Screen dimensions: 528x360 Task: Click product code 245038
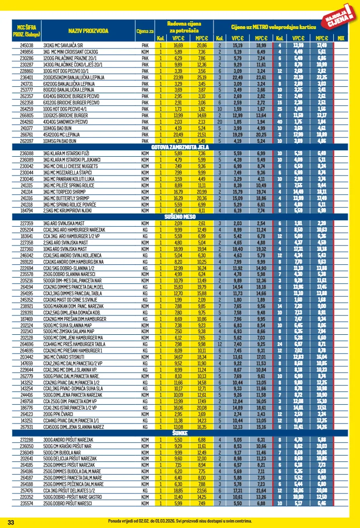(x=27, y=45)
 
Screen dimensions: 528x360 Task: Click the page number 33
(x=11, y=522)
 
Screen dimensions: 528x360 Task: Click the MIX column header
(x=341, y=38)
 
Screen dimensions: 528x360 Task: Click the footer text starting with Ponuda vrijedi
(x=180, y=521)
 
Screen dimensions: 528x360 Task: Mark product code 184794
(x=27, y=211)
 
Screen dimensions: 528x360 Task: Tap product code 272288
(x=27, y=438)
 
